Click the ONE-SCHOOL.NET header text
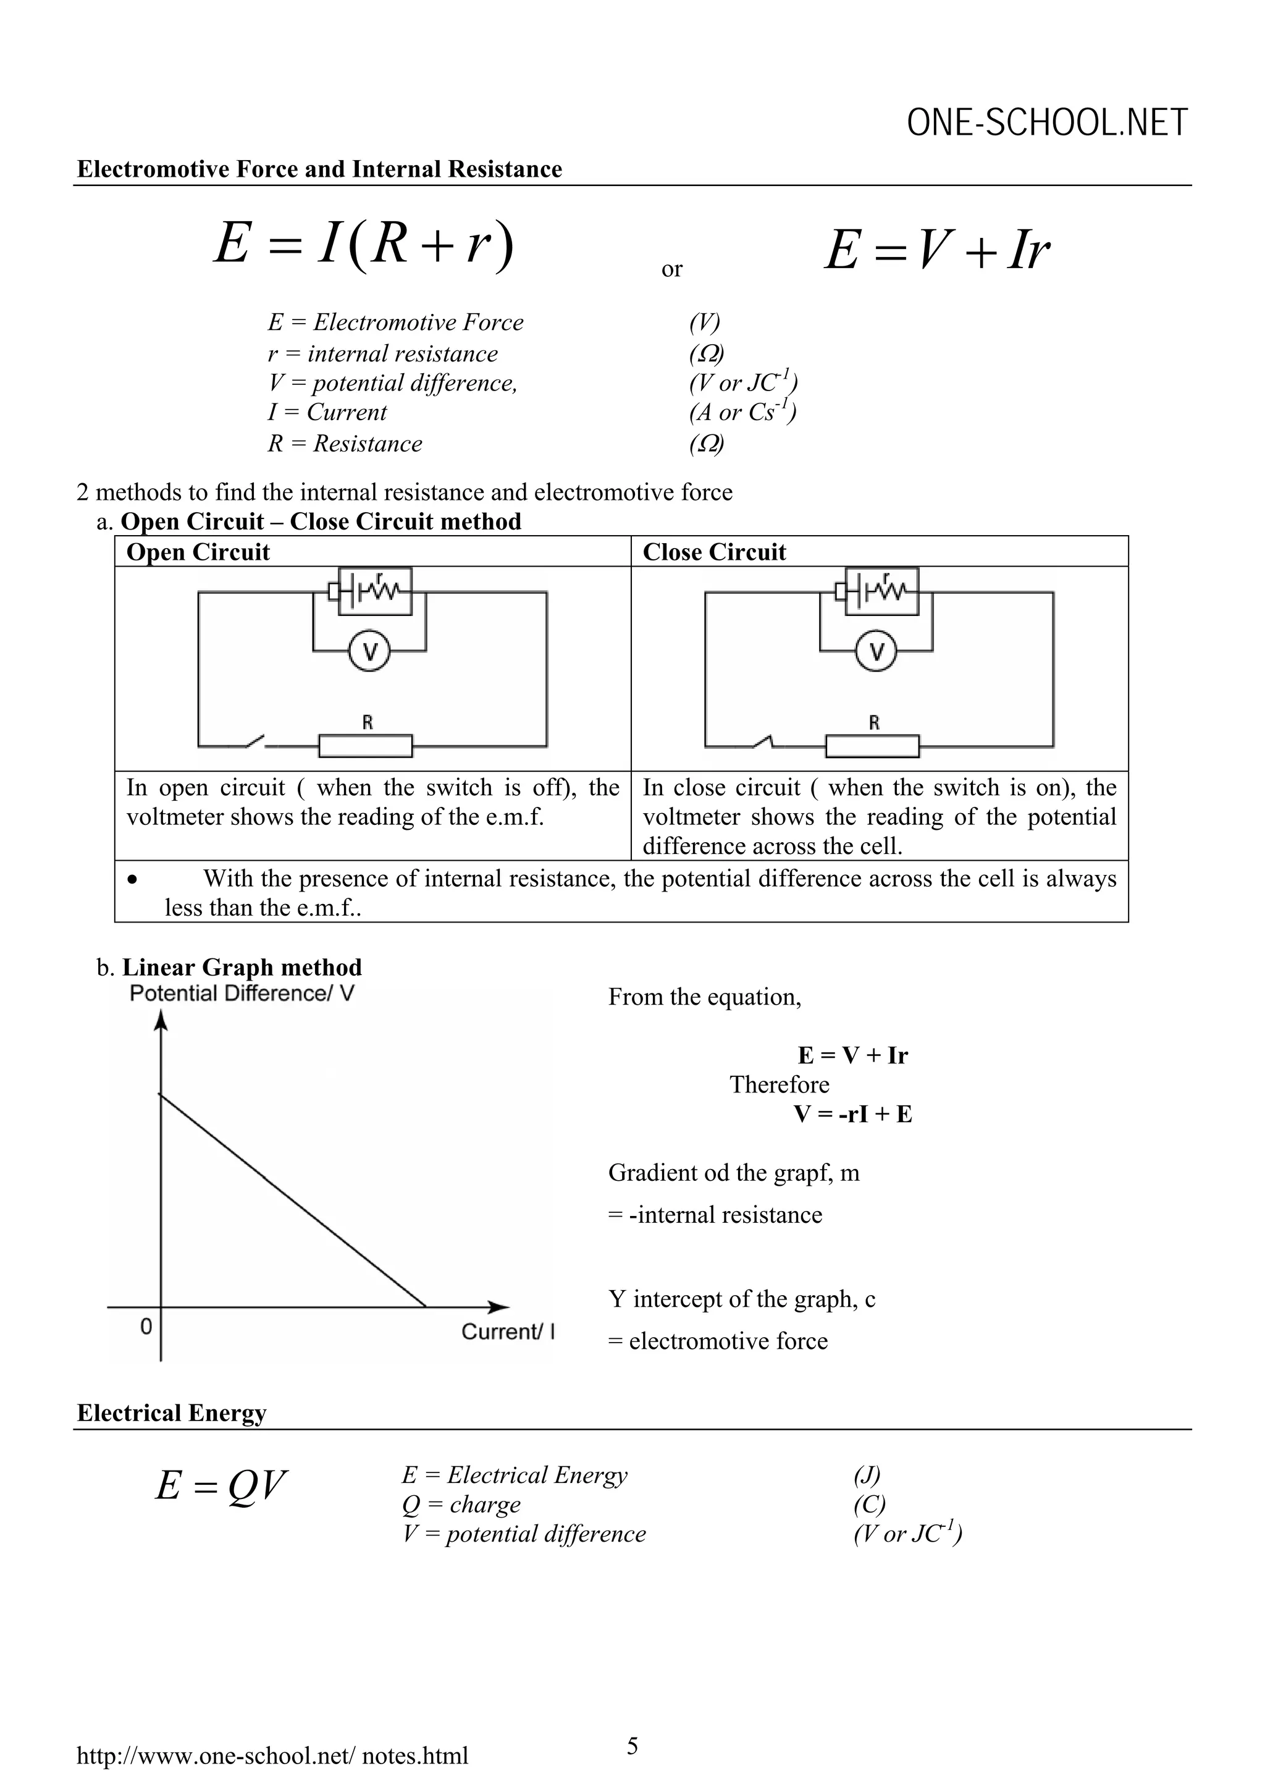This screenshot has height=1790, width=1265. click(1047, 123)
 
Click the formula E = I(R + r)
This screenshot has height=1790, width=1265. click(364, 243)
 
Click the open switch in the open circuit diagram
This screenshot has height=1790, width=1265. click(254, 741)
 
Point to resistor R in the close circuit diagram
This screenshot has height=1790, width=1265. click(872, 746)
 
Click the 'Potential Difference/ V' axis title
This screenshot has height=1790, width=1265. click(242, 993)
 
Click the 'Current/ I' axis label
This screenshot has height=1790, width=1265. click(507, 1331)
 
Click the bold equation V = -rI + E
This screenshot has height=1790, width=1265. click(852, 1113)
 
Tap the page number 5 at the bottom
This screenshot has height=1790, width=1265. click(632, 1746)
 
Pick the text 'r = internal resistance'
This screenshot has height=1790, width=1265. click(383, 353)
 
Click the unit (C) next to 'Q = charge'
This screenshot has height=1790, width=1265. click(869, 1504)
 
